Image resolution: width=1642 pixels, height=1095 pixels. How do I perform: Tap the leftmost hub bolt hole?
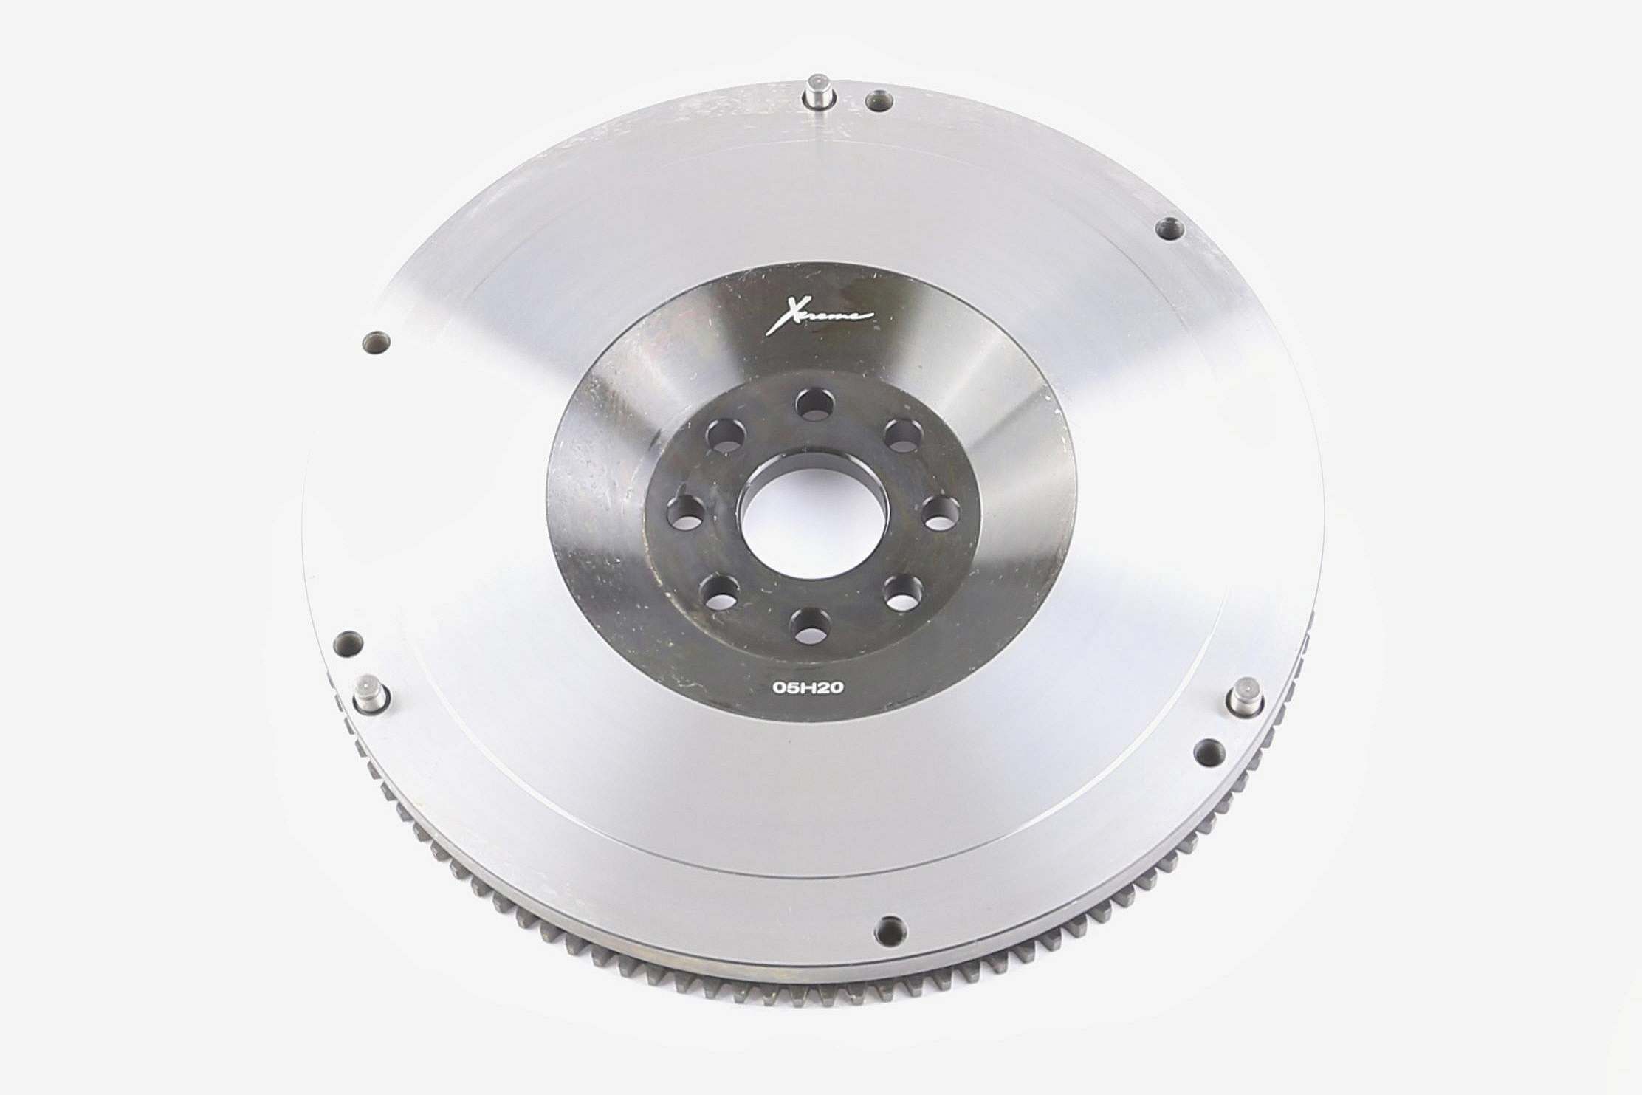pos(685,512)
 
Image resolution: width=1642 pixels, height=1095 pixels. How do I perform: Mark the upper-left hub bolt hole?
pos(724,435)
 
